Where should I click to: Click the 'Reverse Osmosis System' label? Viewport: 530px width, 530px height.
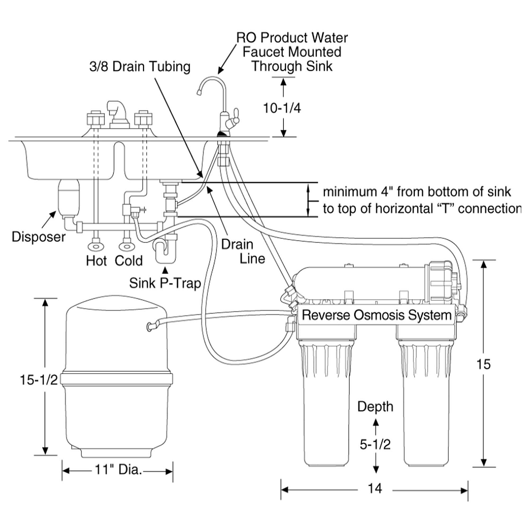pos(376,315)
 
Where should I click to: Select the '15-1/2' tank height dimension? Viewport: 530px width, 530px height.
pos(39,380)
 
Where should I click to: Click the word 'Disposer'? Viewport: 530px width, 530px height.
pos(39,237)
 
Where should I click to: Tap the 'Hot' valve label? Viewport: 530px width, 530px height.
pos(96,260)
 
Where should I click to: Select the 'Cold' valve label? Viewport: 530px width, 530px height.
pos(129,260)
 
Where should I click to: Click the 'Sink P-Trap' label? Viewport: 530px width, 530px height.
pos(165,283)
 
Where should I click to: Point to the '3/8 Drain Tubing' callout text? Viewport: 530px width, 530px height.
pos(140,67)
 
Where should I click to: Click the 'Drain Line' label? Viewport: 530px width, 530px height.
pos(243,251)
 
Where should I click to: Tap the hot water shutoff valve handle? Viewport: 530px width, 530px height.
pos(96,246)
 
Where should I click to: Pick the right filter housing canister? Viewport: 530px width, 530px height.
pos(427,403)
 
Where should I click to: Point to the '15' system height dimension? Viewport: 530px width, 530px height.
pos(483,364)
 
